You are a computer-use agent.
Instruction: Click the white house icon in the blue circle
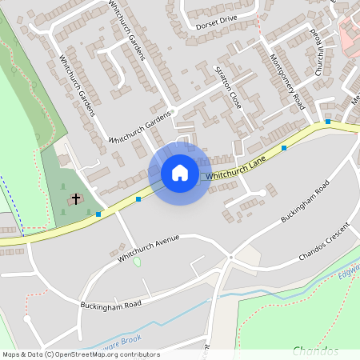tap(180, 173)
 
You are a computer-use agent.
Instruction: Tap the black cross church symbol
tap(77, 198)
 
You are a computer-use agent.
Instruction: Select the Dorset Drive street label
tap(216, 22)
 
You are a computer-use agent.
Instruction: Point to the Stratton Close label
tap(229, 89)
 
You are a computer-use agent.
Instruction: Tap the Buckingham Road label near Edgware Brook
tap(110, 305)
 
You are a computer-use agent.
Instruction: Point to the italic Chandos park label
tap(315, 350)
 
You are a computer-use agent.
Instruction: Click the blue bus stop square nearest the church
tap(98, 214)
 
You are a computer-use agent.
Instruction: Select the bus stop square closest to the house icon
tap(138, 198)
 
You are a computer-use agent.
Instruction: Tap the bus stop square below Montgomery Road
tap(284, 148)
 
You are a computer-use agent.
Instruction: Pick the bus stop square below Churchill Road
tap(328, 122)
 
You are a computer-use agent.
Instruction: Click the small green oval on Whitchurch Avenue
tap(137, 262)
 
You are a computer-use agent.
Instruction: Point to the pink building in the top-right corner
tap(350, 36)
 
